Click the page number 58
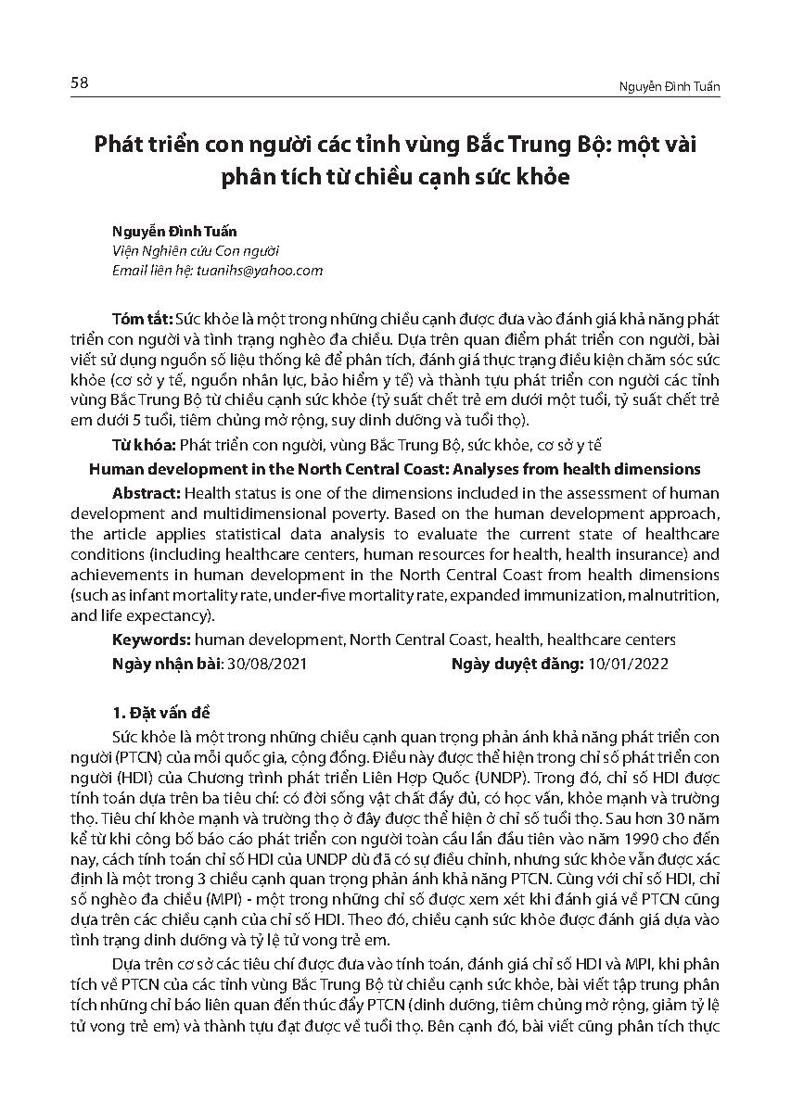[x=79, y=83]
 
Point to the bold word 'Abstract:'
[x=145, y=492]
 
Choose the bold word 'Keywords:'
[x=152, y=640]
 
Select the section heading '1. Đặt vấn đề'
[x=161, y=713]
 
